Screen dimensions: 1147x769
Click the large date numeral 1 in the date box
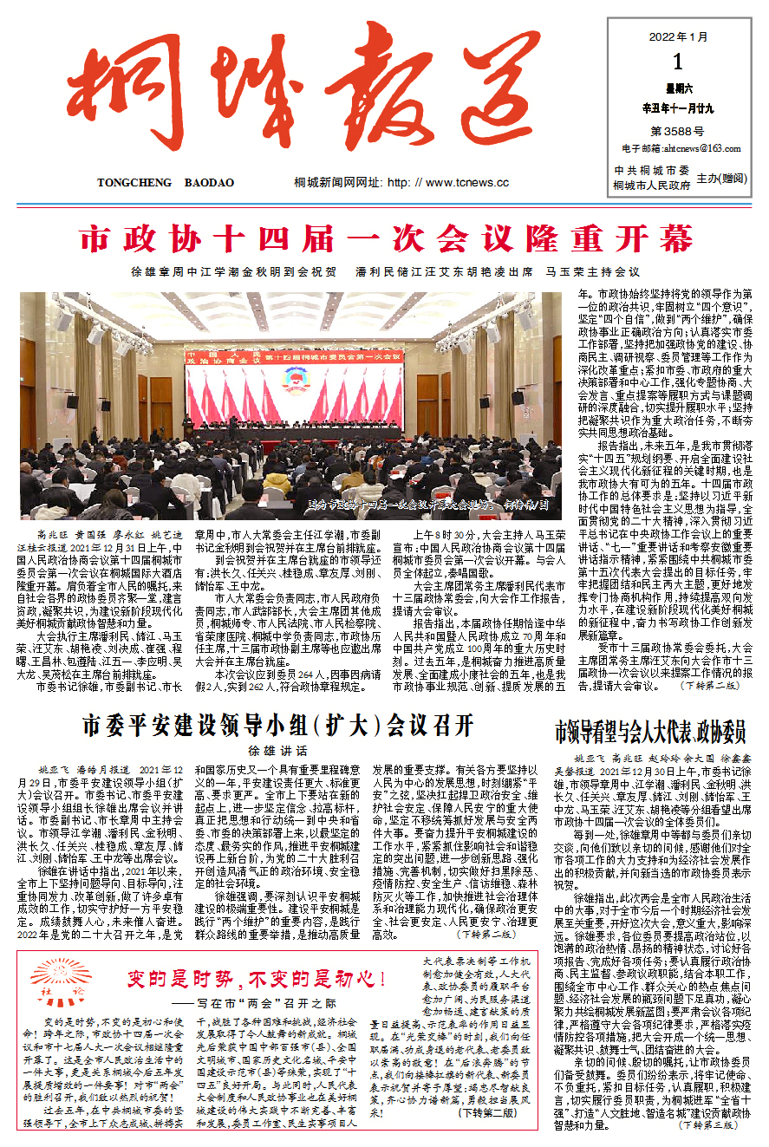pos(677,62)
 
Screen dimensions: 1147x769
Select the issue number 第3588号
pos(677,131)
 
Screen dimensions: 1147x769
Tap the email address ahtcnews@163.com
pos(691,149)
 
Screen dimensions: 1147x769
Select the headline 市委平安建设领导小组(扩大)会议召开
pos(277,725)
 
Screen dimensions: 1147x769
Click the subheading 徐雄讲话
pos(277,750)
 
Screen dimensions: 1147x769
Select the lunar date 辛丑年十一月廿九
pos(677,109)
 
